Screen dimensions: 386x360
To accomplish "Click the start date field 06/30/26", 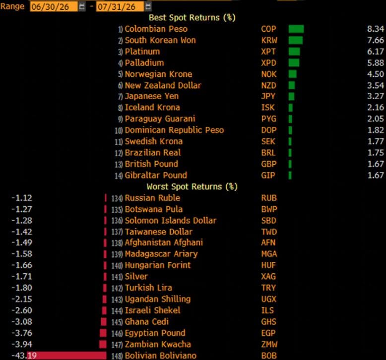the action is coord(54,6).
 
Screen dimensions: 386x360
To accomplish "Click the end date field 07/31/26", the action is coord(120,6).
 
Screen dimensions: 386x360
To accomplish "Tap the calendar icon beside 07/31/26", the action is coord(148,6).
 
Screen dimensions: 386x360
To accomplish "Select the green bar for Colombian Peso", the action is coord(296,29).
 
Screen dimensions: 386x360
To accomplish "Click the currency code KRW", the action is coord(269,40).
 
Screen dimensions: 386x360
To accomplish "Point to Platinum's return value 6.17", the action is coord(376,52).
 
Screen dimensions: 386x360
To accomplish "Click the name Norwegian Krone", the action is coord(158,74).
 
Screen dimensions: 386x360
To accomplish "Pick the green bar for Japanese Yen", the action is coord(291,96).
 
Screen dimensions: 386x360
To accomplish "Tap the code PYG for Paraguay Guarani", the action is coord(269,119).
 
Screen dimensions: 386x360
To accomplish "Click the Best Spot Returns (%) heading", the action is coord(192,18).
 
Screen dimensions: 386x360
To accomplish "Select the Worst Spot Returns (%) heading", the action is coord(192,187).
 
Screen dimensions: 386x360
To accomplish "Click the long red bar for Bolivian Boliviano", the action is coord(66,356).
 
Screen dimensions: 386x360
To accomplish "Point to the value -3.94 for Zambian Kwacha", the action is coord(22,344).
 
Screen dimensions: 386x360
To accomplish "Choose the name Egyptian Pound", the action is coord(155,333).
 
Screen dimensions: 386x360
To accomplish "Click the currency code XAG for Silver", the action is coord(268,277).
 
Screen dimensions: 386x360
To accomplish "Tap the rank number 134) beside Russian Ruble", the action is coord(117,198).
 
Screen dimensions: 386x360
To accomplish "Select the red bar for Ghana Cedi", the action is coord(104,322).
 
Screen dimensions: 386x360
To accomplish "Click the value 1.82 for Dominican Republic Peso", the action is coord(376,130).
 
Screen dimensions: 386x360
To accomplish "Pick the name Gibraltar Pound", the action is coord(156,175).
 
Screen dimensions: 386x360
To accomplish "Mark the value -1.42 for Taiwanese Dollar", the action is coord(22,232).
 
